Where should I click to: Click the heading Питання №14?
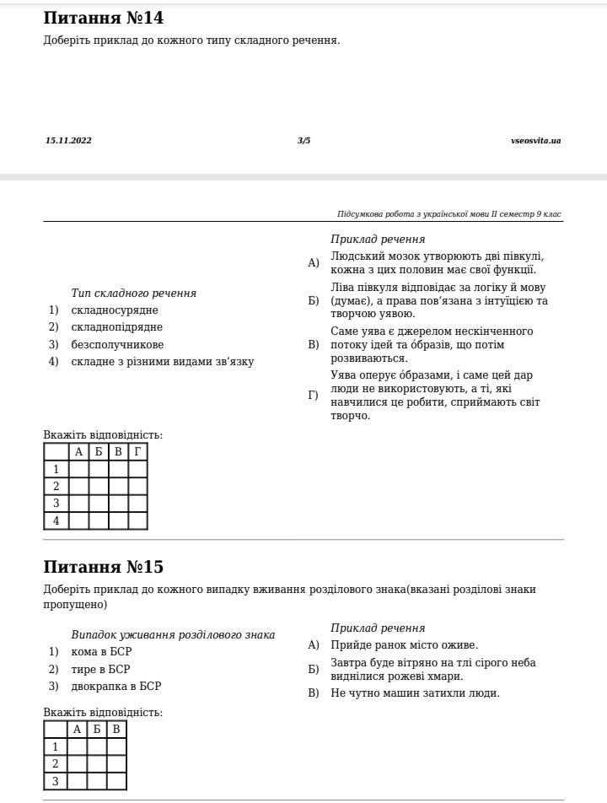103,19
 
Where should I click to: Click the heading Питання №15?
103,567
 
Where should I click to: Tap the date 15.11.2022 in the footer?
68,141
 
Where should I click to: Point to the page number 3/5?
303,141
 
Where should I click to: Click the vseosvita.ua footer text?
535,141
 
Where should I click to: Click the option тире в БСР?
100,670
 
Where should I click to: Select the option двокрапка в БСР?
115,687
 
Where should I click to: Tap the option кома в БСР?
101,652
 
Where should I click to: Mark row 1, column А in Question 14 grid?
78,469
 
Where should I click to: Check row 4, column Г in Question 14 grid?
137,521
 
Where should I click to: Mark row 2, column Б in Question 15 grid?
97,764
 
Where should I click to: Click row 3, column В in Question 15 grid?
116,781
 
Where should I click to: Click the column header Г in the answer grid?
137,452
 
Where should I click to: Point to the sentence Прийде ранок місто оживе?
404,645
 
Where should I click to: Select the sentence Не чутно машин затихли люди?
415,693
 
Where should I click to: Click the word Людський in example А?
354,256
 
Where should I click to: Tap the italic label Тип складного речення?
133,294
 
